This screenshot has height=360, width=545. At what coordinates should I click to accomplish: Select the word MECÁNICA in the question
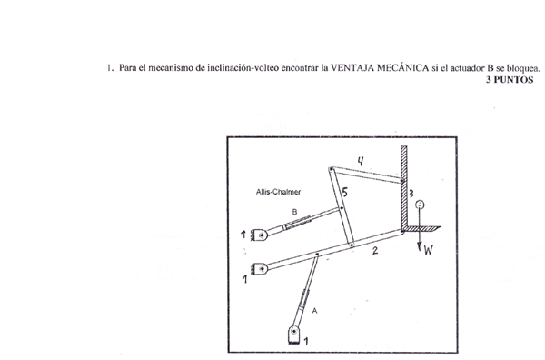[402, 67]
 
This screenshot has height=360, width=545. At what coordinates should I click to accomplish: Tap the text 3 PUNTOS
[510, 80]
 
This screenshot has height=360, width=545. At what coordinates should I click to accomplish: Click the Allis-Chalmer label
[278, 192]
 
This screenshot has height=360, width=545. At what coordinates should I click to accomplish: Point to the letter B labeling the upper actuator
[294, 212]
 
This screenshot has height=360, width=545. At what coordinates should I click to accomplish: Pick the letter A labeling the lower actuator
[314, 311]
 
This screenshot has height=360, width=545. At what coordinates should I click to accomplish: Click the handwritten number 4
[361, 161]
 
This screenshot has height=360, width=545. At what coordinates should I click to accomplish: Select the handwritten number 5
[344, 192]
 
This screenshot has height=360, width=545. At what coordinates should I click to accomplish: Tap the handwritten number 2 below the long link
[374, 250]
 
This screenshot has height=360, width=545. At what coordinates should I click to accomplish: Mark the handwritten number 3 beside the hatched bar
[411, 194]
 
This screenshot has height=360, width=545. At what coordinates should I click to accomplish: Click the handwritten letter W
[428, 249]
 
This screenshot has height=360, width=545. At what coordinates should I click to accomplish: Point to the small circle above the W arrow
[420, 205]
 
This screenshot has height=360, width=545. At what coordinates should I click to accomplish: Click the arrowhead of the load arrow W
[420, 246]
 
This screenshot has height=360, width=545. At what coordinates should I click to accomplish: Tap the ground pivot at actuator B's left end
[262, 235]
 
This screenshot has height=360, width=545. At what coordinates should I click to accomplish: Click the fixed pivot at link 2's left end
[262, 269]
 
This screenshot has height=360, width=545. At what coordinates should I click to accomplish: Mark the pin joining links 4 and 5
[332, 169]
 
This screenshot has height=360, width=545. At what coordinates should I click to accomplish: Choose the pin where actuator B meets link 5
[341, 209]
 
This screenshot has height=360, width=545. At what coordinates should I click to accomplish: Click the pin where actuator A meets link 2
[317, 255]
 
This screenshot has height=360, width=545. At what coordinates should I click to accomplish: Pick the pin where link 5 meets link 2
[352, 245]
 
